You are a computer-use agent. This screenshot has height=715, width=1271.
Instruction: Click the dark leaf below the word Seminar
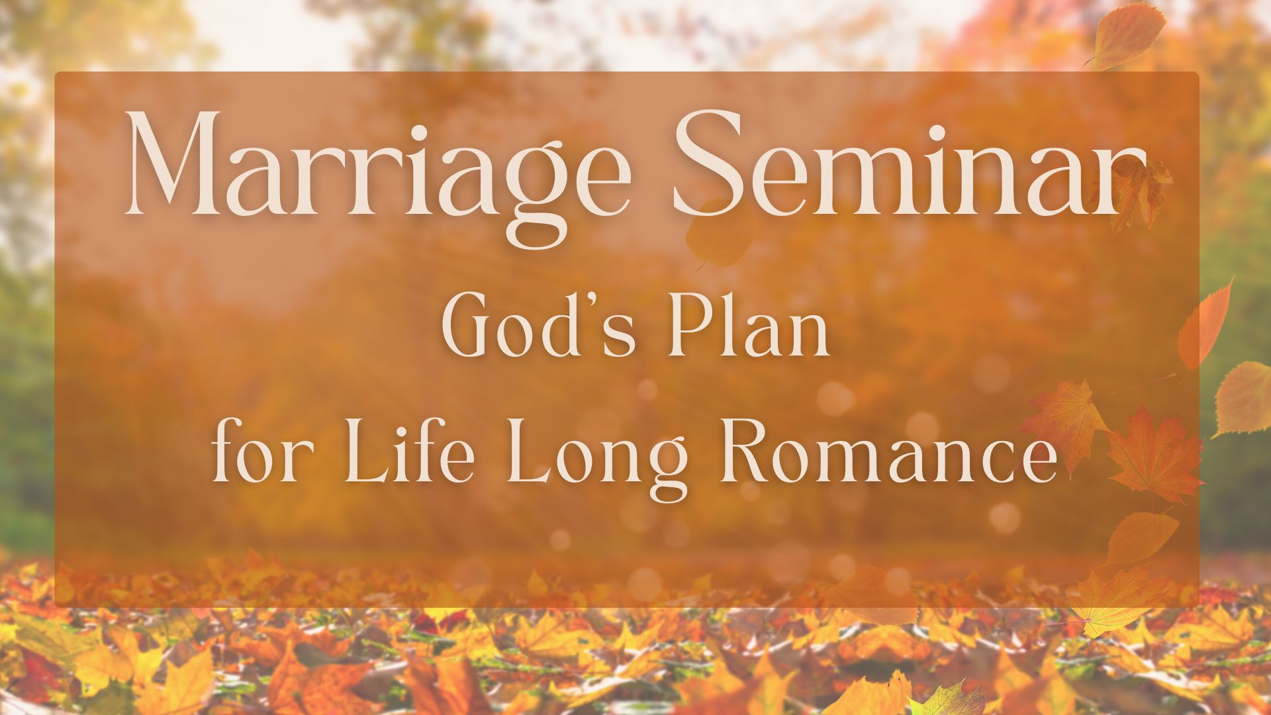[x=718, y=235]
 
